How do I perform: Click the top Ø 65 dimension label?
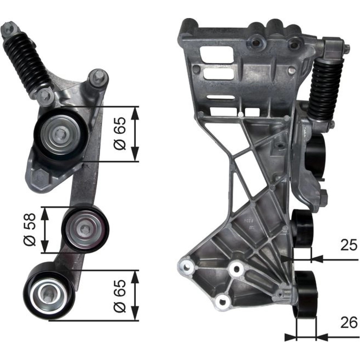120,134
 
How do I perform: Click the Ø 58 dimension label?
30,230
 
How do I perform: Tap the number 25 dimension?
349,245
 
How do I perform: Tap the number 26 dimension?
349,323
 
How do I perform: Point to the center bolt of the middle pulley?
85,229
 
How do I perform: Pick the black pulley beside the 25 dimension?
302,229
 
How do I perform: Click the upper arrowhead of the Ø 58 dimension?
45,215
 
